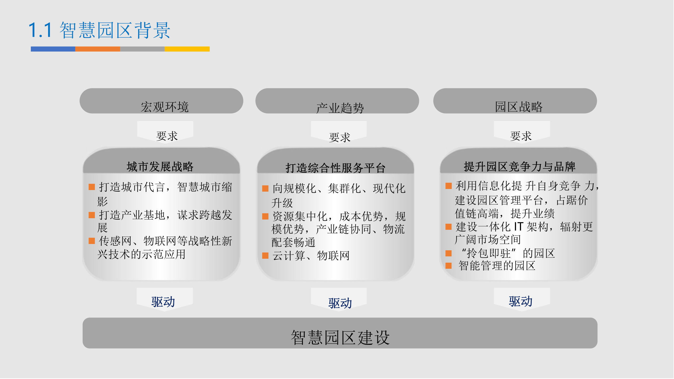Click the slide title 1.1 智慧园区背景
[99, 30]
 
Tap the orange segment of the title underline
[97, 49]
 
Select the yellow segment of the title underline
[187, 49]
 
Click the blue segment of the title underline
[53, 49]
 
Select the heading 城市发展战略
[160, 167]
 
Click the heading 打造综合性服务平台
[336, 168]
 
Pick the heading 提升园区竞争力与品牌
[519, 167]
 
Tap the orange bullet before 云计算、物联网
[265, 256]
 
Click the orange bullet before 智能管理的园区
[448, 266]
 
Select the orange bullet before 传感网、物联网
[92, 241]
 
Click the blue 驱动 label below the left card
[163, 302]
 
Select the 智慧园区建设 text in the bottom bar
[340, 337]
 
